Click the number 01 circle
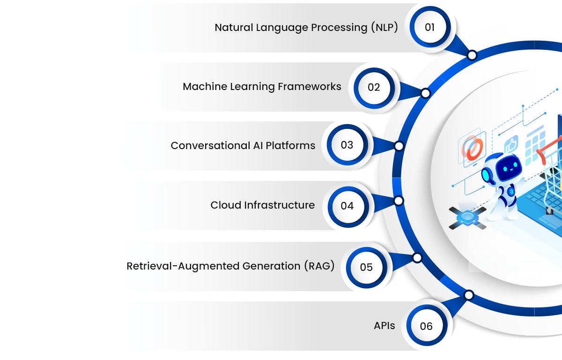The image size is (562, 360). click(429, 27)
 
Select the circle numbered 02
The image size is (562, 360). click(374, 87)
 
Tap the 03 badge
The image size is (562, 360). click(347, 145)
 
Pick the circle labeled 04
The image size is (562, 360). click(347, 206)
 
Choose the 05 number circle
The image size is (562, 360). click(366, 267)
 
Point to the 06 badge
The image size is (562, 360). click(426, 326)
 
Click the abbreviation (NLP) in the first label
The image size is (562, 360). click(384, 28)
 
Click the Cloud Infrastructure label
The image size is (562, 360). click(262, 205)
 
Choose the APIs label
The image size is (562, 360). click(384, 326)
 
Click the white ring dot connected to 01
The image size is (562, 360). click(472, 55)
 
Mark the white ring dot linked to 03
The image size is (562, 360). click(399, 146)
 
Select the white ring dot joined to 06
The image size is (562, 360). click(469, 295)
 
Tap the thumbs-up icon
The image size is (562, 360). click(511, 144)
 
